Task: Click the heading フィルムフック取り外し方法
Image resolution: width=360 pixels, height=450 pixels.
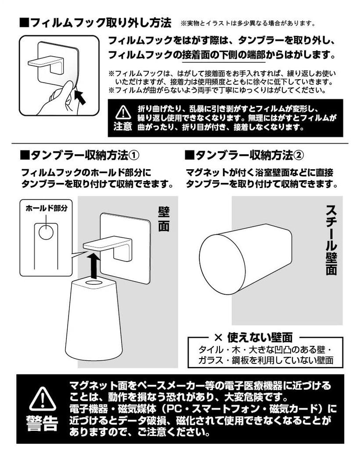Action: point(96,22)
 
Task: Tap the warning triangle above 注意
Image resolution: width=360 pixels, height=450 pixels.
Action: point(123,112)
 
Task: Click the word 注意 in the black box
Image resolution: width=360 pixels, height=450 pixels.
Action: point(122,126)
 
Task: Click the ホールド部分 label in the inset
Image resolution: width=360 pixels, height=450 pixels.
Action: point(47,208)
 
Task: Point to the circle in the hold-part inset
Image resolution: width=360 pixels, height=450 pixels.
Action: point(46,232)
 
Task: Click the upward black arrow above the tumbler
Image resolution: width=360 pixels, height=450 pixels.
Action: point(94,265)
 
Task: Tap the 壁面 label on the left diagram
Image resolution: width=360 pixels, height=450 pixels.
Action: point(164,219)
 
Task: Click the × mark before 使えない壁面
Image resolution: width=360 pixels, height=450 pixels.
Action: point(218,337)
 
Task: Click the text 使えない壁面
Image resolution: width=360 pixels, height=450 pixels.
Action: point(260,337)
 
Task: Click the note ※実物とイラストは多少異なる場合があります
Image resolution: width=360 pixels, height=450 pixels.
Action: point(248,24)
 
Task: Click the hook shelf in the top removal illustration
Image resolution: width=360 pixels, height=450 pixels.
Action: point(46,62)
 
